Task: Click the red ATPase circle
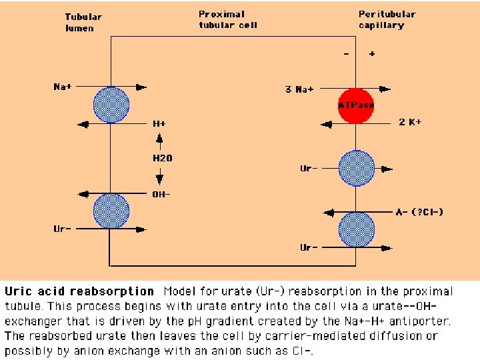click(357, 105)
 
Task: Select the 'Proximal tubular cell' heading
click(227, 19)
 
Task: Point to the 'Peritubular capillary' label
click(387, 19)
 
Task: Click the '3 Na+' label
click(299, 89)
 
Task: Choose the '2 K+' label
click(410, 122)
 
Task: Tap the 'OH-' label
click(161, 195)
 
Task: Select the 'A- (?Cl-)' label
click(419, 212)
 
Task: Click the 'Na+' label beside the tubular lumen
click(63, 87)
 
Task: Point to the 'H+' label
click(159, 124)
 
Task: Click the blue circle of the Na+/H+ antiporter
click(111, 105)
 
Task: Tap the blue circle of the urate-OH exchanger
click(111, 211)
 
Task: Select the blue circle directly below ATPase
click(357, 169)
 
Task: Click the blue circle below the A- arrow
click(357, 229)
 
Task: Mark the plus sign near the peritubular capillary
click(371, 54)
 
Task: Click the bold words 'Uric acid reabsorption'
click(79, 291)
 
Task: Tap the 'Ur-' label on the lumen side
click(63, 229)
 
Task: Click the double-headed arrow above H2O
click(159, 141)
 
